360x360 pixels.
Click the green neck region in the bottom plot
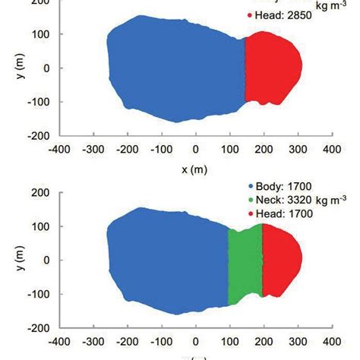[245, 266]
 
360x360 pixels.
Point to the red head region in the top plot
[273, 68]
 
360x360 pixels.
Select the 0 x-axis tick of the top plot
[196, 150]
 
